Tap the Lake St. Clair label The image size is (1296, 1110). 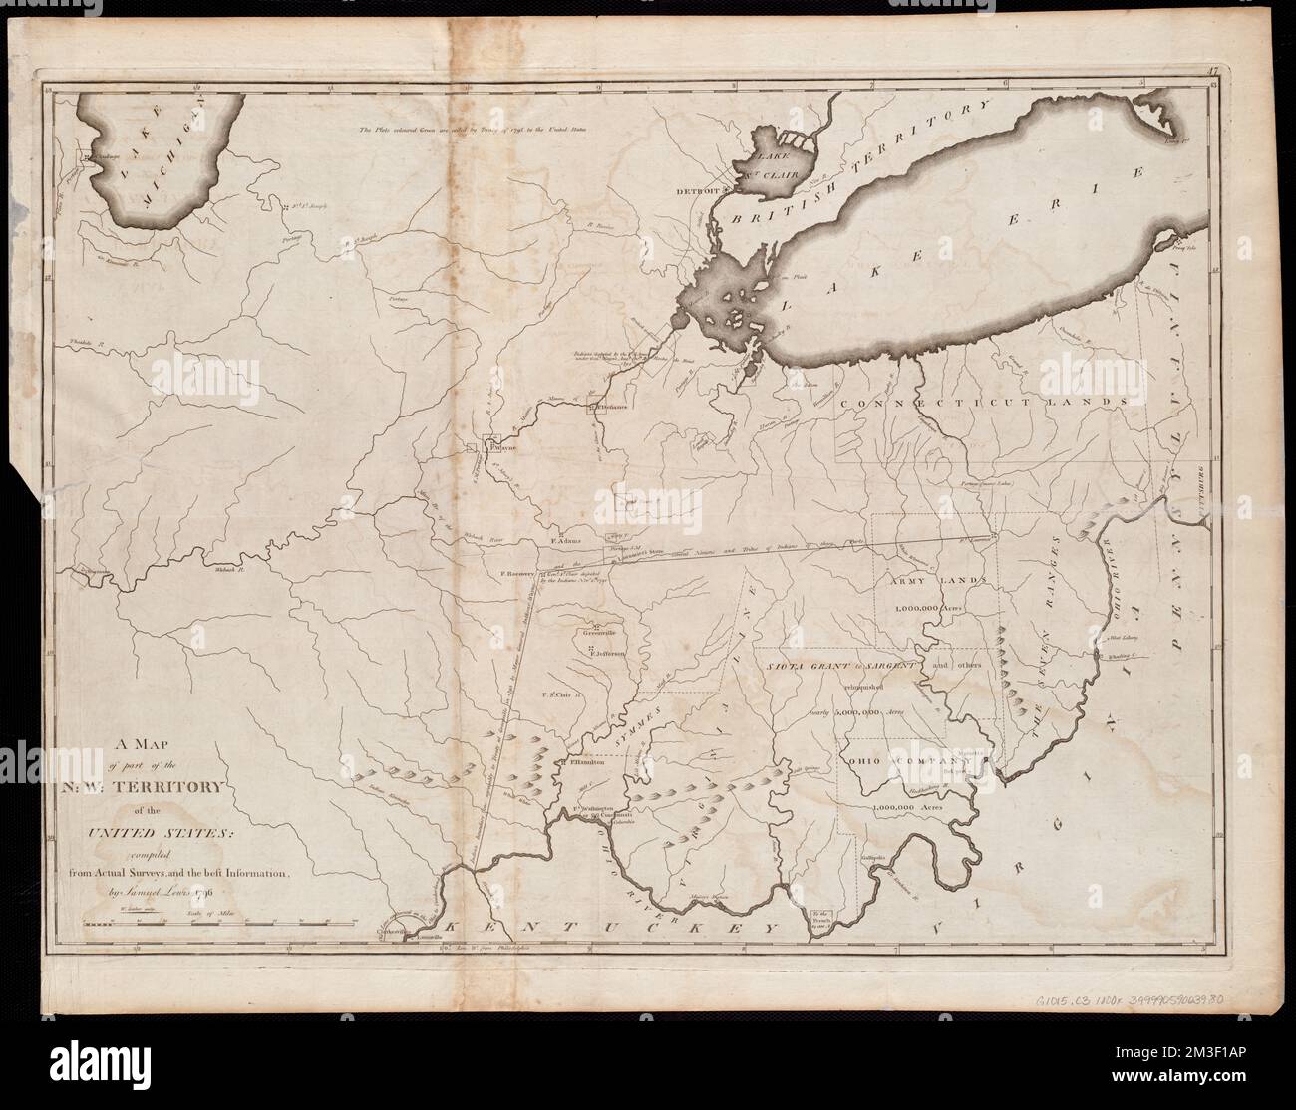click(x=767, y=169)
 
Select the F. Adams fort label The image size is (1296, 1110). click(x=565, y=542)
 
